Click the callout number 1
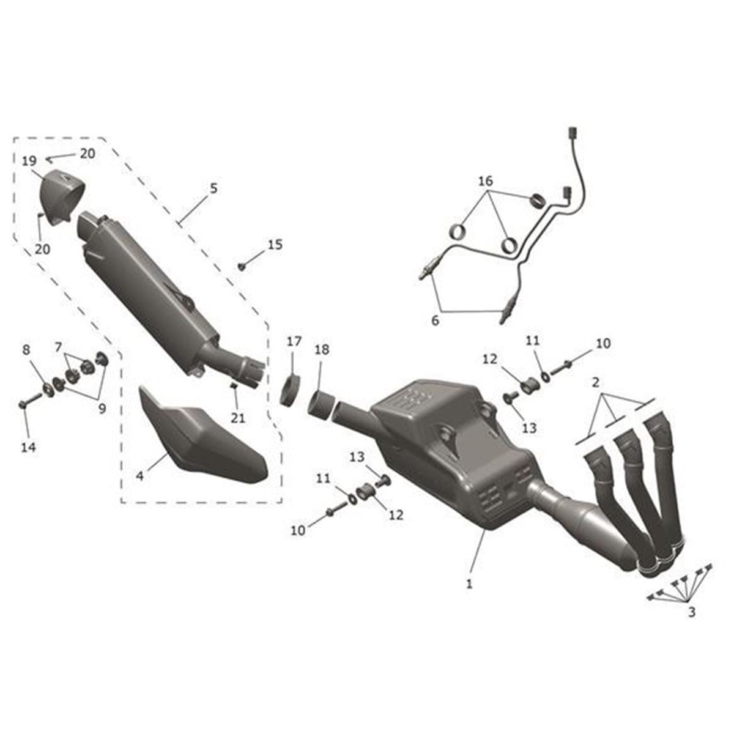[x=469, y=583]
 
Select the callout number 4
[x=140, y=476]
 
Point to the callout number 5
[x=213, y=188]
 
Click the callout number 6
[x=435, y=321]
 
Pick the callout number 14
[x=29, y=447]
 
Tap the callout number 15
[x=275, y=245]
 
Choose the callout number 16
[x=486, y=181]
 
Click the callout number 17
[x=294, y=341]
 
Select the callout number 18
[x=322, y=349]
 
